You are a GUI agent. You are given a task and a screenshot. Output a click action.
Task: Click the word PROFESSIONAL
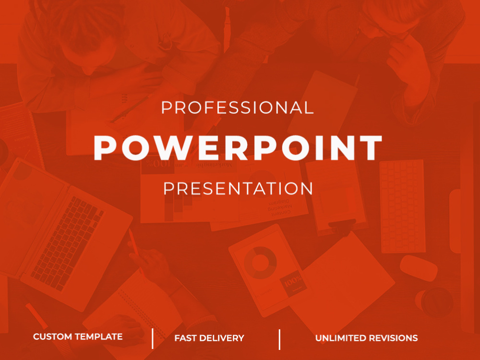(237, 108)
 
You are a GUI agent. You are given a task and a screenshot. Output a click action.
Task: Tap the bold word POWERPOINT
(238, 147)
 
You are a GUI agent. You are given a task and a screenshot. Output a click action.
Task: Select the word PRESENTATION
(238, 188)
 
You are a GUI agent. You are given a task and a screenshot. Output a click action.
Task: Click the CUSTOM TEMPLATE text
(78, 337)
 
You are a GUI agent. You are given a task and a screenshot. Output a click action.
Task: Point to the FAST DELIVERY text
(209, 338)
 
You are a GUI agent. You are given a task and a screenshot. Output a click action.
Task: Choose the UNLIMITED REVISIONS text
(366, 338)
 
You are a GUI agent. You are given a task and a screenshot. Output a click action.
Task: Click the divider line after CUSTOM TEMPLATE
(153, 338)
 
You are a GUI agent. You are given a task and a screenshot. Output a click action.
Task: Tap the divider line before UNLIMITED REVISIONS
(279, 339)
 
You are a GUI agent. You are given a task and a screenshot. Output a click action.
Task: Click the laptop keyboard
(67, 235)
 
